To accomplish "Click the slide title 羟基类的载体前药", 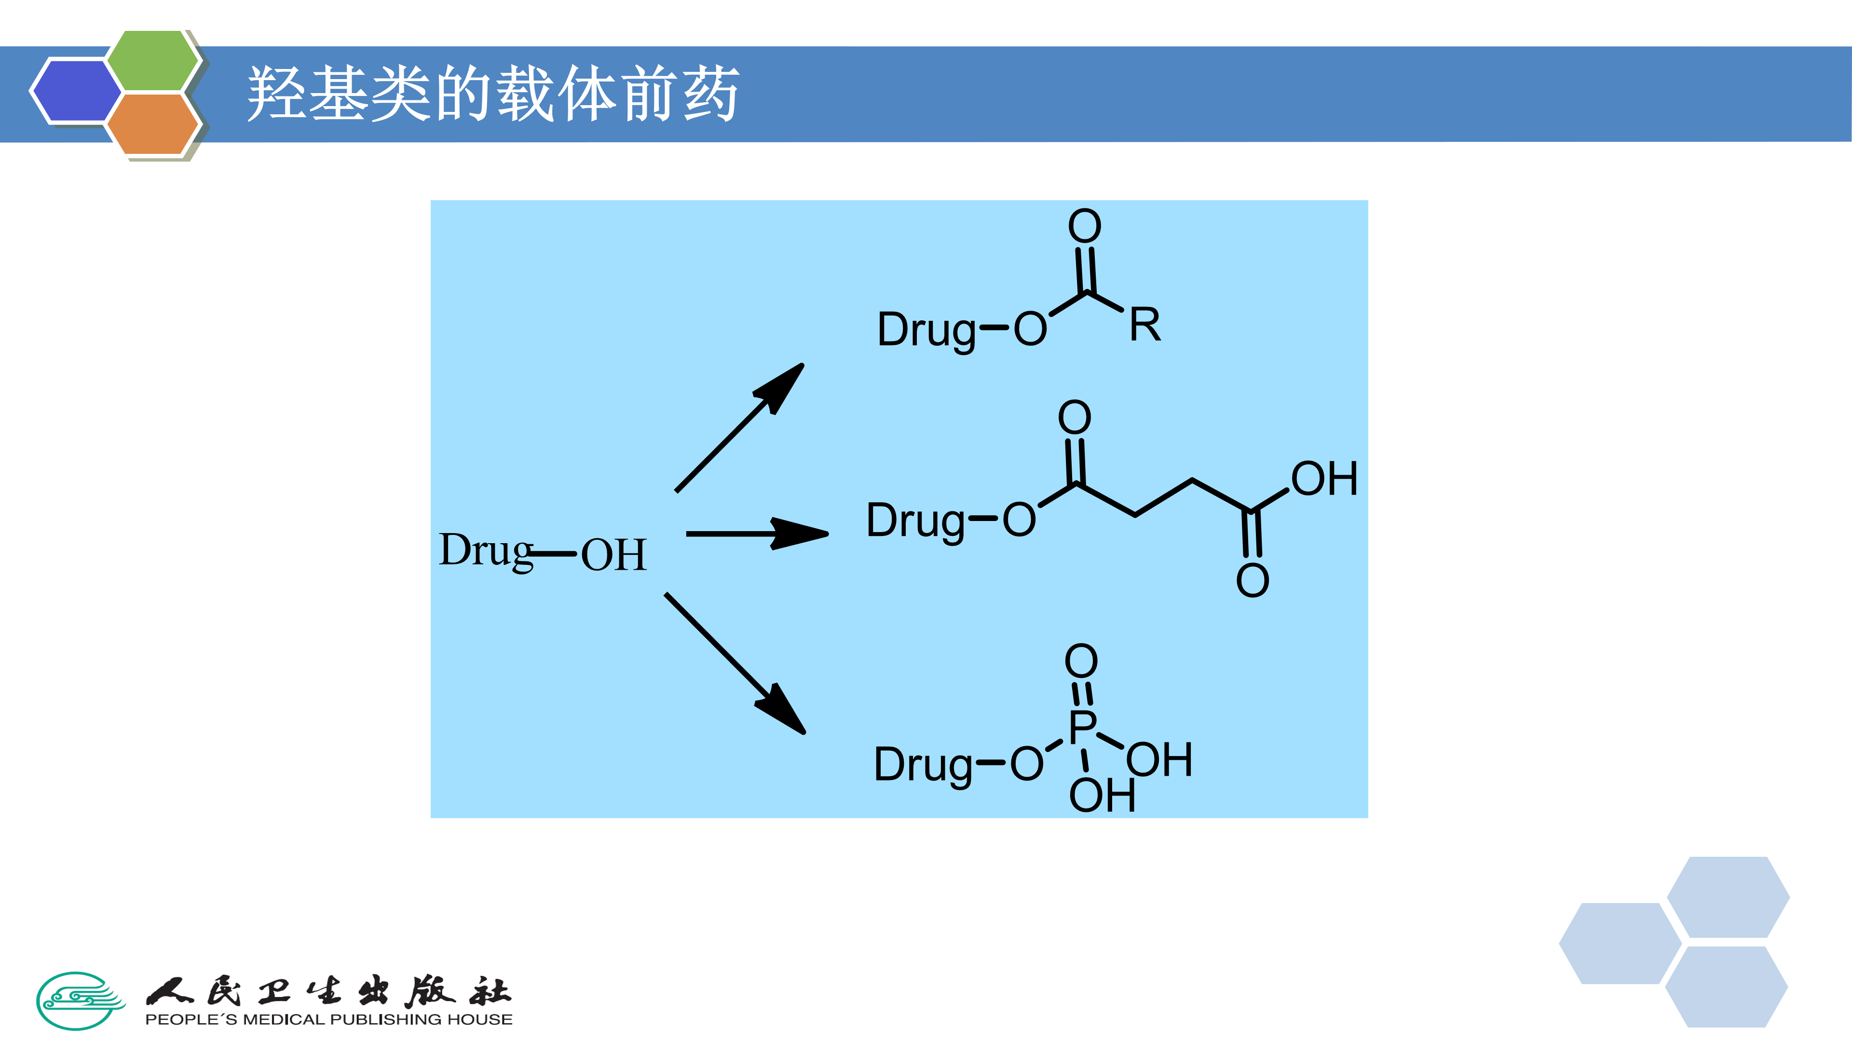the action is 493,94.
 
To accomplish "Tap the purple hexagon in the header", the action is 76,91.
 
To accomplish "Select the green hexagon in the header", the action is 153,61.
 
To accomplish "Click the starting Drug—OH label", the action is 543,552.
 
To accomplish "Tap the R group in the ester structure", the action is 1144,325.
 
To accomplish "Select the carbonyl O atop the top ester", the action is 1084,227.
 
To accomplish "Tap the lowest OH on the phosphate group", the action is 1102,795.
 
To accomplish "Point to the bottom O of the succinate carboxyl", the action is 1253,580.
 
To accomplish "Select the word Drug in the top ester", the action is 926,330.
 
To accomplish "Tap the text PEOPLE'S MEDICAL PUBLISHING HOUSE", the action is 328,1019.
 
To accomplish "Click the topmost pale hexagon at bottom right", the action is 1728,897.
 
